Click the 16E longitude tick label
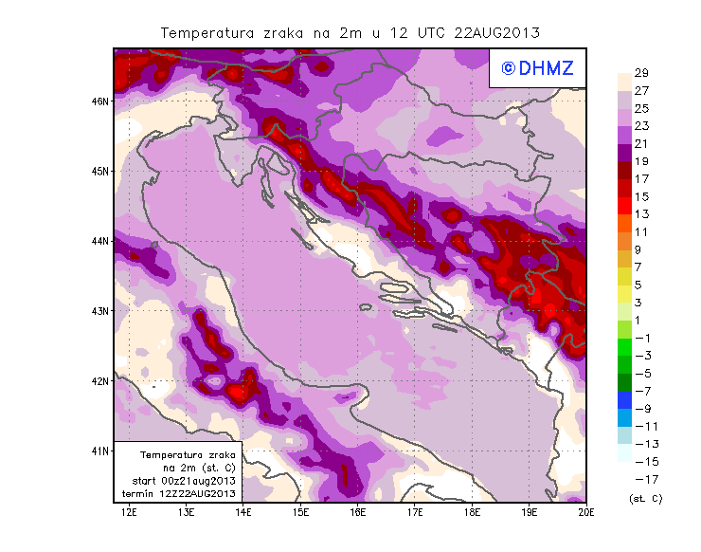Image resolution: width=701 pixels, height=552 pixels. [357, 513]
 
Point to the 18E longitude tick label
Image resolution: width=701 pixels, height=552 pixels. [472, 513]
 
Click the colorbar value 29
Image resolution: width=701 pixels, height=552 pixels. [641, 73]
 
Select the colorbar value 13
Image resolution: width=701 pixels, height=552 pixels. [641, 214]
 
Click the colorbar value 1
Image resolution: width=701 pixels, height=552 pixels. [641, 321]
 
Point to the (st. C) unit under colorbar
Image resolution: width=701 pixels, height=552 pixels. [645, 498]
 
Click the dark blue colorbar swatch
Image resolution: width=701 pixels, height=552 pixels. [626, 400]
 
